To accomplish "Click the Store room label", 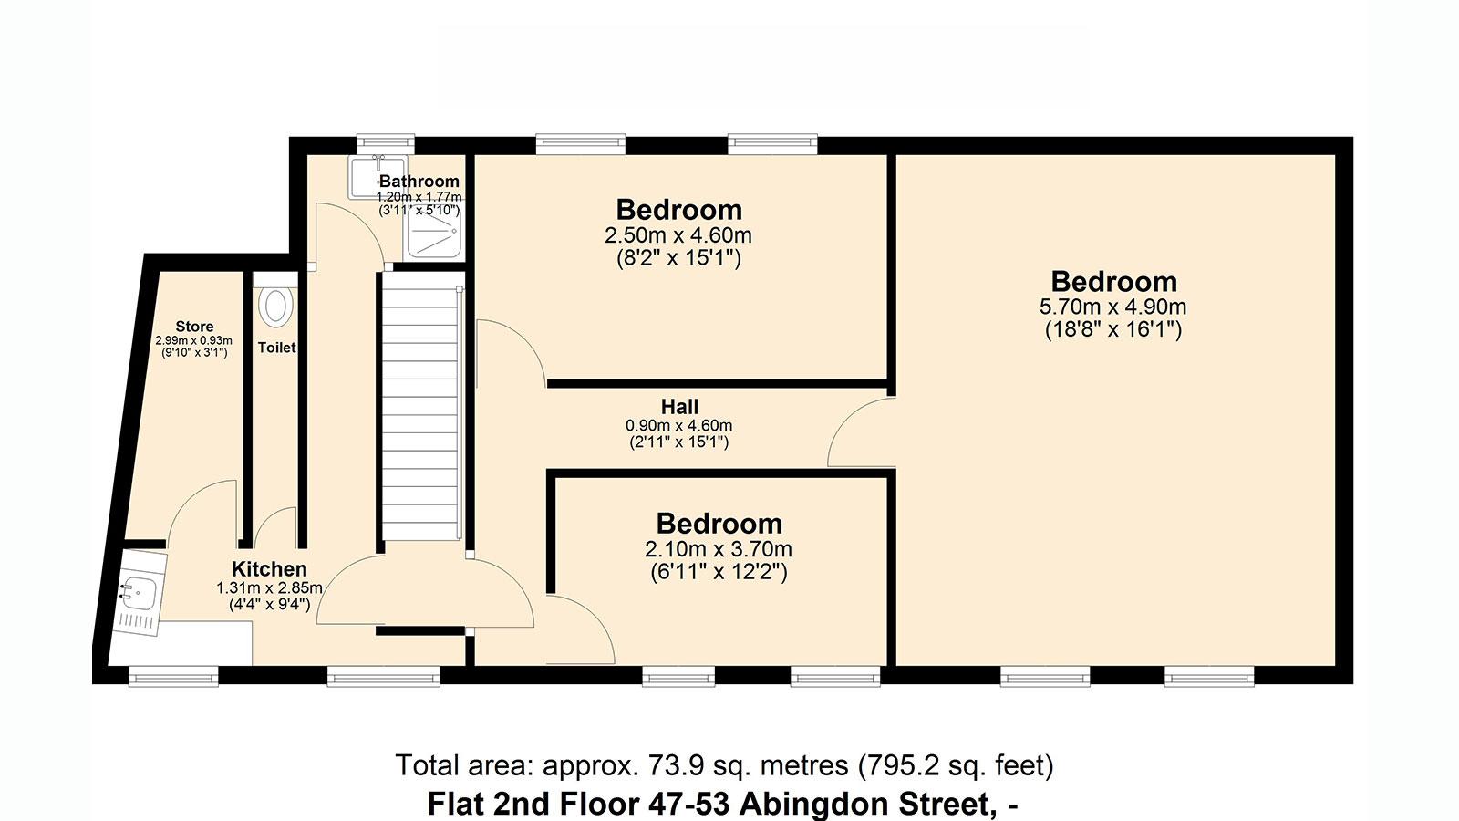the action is [194, 327].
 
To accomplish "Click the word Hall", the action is [679, 407].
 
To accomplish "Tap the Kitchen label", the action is [269, 569].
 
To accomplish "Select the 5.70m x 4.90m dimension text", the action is [1112, 307].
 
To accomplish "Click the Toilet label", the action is [277, 348].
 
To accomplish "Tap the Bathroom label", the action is [419, 182].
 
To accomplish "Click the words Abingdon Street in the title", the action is [864, 804].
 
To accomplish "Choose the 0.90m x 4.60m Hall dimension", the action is [678, 426].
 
